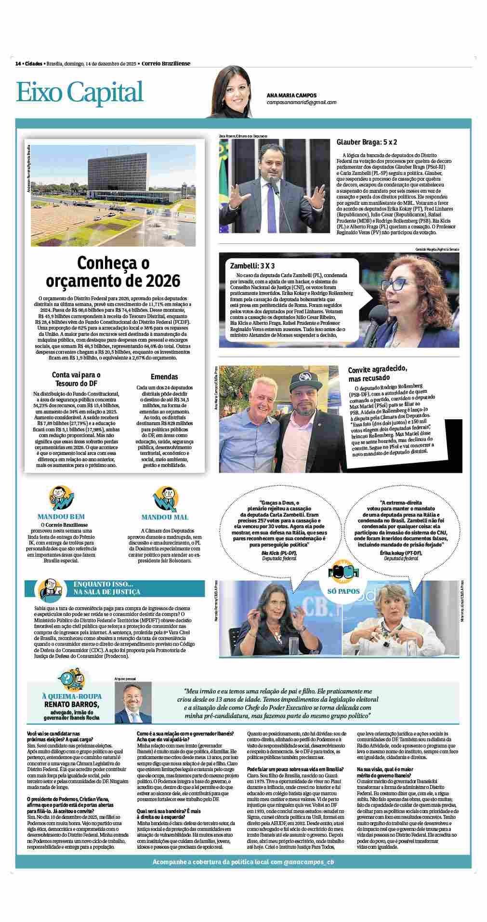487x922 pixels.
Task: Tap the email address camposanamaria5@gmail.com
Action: pos(301,102)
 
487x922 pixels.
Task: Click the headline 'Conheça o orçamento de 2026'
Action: pos(113,272)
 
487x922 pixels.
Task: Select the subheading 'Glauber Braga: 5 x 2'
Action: pos(366,142)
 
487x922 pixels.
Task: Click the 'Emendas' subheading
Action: pos(164,376)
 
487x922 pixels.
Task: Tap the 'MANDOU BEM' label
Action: pos(61,517)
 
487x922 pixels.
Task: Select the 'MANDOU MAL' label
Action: pos(165,517)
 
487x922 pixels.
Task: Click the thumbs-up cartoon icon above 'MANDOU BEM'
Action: pos(61,498)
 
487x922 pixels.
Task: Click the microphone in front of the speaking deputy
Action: pos(272,182)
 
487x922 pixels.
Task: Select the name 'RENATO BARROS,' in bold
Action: pos(71,704)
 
